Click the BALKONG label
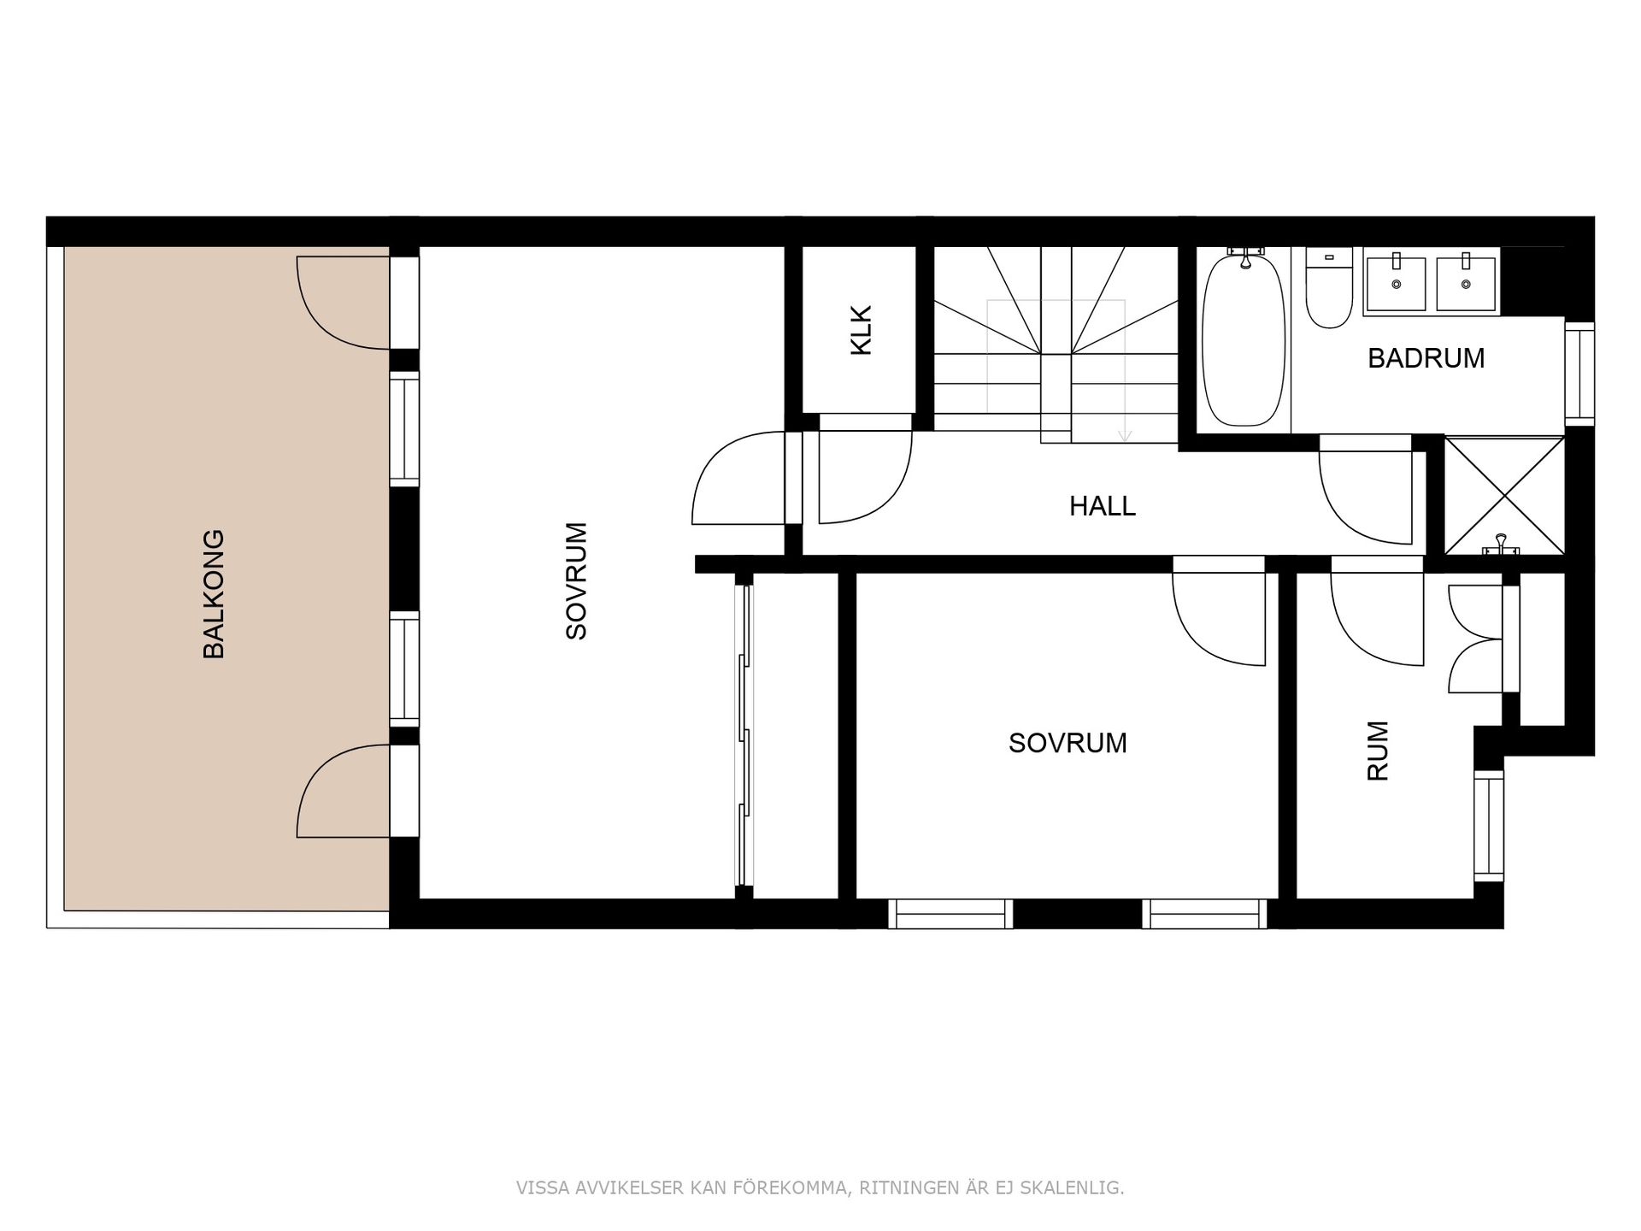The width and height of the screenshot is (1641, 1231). coord(214,594)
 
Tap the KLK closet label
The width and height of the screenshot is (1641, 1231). coord(861,330)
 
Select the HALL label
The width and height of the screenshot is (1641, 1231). coord(1102,506)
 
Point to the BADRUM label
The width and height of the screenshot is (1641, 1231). coord(1426,358)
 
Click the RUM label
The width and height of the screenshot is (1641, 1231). coord(1378,751)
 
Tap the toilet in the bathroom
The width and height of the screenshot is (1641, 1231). coord(1328,291)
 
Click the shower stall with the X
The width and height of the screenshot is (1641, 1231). coord(1503,495)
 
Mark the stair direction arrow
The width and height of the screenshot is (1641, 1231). coord(1125,434)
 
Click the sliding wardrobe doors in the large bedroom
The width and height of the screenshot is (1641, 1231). coord(744,735)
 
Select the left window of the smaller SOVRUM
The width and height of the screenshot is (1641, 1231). coord(950,914)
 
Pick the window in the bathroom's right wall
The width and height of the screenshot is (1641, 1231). coord(1579,374)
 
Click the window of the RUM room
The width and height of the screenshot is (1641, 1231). coord(1489,826)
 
